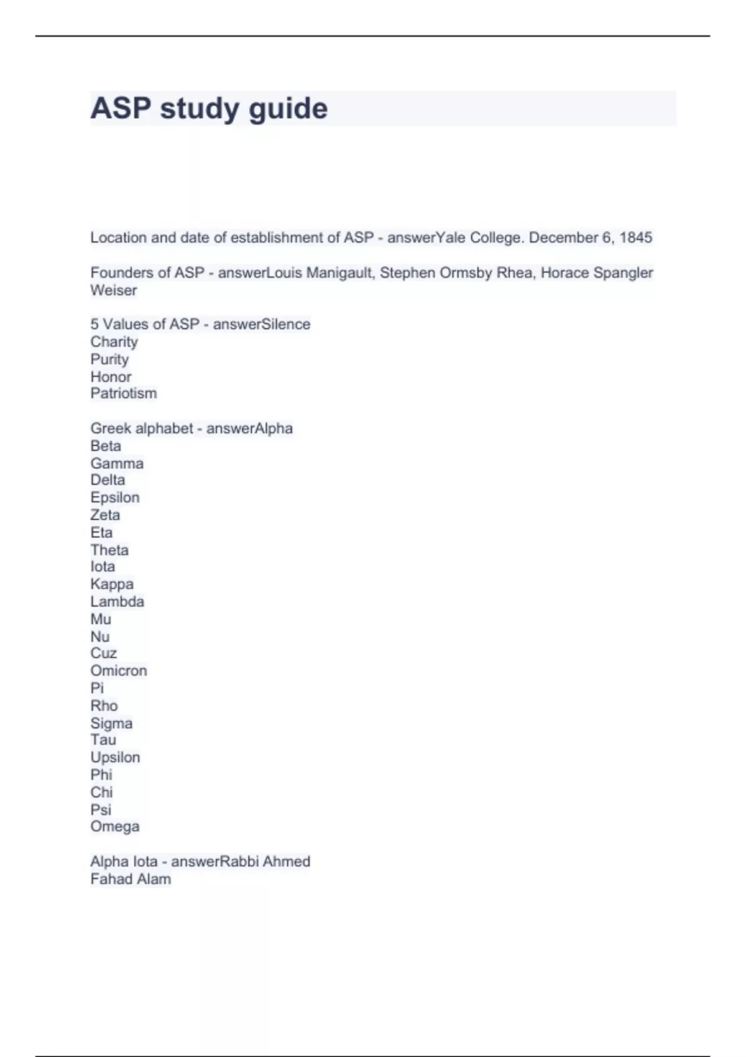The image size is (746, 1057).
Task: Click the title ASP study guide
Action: pos(209,108)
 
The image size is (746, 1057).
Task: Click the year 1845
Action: pos(635,238)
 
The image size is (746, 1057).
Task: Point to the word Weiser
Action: pos(114,290)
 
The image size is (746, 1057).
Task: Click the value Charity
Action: pos(114,341)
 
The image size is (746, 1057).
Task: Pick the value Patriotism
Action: pos(123,393)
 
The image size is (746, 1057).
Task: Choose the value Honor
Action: pos(111,376)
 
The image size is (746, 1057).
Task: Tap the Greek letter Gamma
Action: pos(117,463)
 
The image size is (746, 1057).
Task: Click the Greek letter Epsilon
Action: pos(115,497)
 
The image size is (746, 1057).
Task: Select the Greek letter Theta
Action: pos(109,550)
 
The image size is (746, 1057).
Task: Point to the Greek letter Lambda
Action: pos(117,601)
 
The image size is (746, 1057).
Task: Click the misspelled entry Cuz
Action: pos(103,653)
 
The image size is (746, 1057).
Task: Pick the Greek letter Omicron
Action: pos(119,670)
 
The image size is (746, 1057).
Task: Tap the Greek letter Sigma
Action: pos(111,723)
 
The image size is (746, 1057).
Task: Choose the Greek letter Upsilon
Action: pos(115,757)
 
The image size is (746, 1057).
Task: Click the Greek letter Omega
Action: pos(115,826)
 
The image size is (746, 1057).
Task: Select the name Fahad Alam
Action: pos(131,879)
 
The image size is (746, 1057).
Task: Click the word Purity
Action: pos(109,359)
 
